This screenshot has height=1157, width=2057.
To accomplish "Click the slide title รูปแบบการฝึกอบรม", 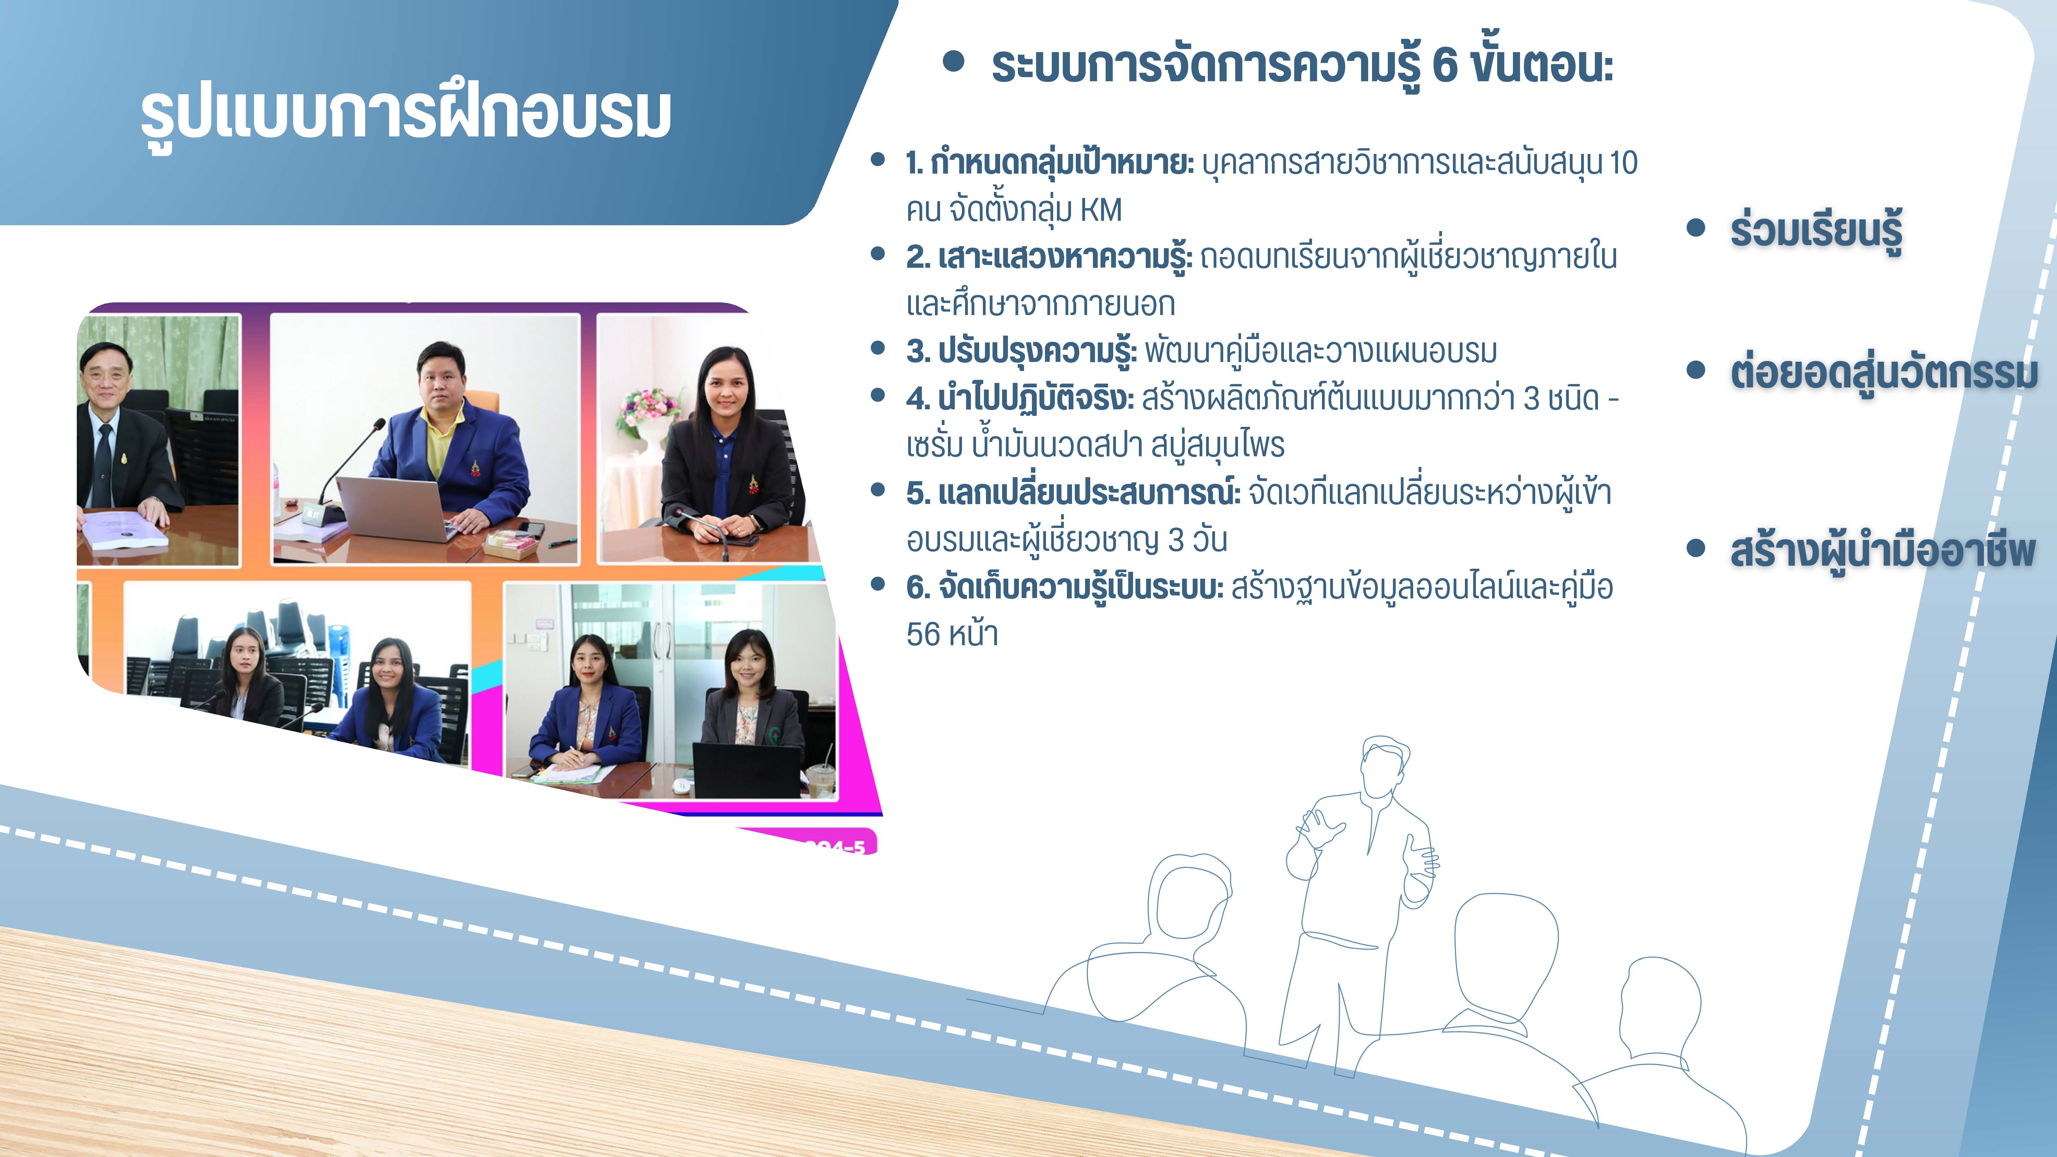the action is pyautogui.click(x=406, y=114).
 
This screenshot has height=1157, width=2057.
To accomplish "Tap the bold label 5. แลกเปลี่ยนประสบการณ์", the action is pyautogui.click(x=1073, y=493).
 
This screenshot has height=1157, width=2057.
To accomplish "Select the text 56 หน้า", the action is pyautogui.click(x=952, y=635).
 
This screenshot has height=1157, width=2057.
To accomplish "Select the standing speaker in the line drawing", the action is pyautogui.click(x=1358, y=902).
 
